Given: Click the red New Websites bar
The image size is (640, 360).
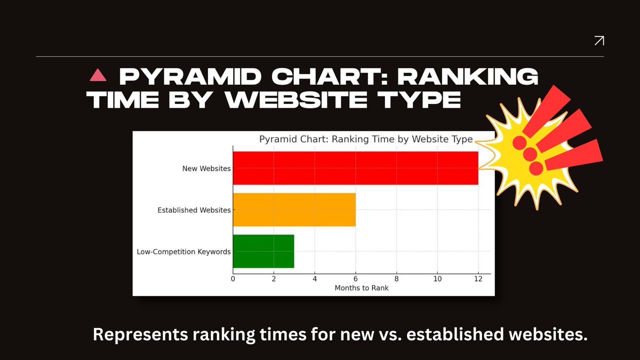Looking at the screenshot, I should [355, 168].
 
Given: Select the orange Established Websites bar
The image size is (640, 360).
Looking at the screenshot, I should [294, 210].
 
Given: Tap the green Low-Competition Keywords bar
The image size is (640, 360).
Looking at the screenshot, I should [263, 251].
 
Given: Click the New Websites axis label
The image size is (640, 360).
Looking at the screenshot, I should [206, 169].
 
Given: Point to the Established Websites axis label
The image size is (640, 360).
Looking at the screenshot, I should [194, 210].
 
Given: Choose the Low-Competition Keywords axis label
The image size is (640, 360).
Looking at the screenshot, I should [184, 251].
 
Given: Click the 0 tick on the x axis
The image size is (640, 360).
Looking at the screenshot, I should [233, 279].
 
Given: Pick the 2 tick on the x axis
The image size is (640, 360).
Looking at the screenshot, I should [274, 279].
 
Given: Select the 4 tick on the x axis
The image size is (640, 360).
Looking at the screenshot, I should [315, 279].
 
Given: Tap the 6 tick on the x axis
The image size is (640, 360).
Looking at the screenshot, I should [356, 279].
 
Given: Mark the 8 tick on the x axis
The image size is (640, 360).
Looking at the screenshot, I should [396, 279].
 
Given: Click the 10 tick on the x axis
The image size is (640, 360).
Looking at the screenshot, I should [437, 279].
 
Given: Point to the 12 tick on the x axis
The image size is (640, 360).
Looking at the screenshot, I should [478, 279].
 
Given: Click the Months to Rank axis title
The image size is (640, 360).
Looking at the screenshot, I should [362, 288].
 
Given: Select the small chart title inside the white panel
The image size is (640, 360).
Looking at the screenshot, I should [366, 140].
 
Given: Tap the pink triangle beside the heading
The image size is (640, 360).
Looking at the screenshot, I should [99, 76].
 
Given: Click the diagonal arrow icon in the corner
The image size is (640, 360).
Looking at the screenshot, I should [599, 41].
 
